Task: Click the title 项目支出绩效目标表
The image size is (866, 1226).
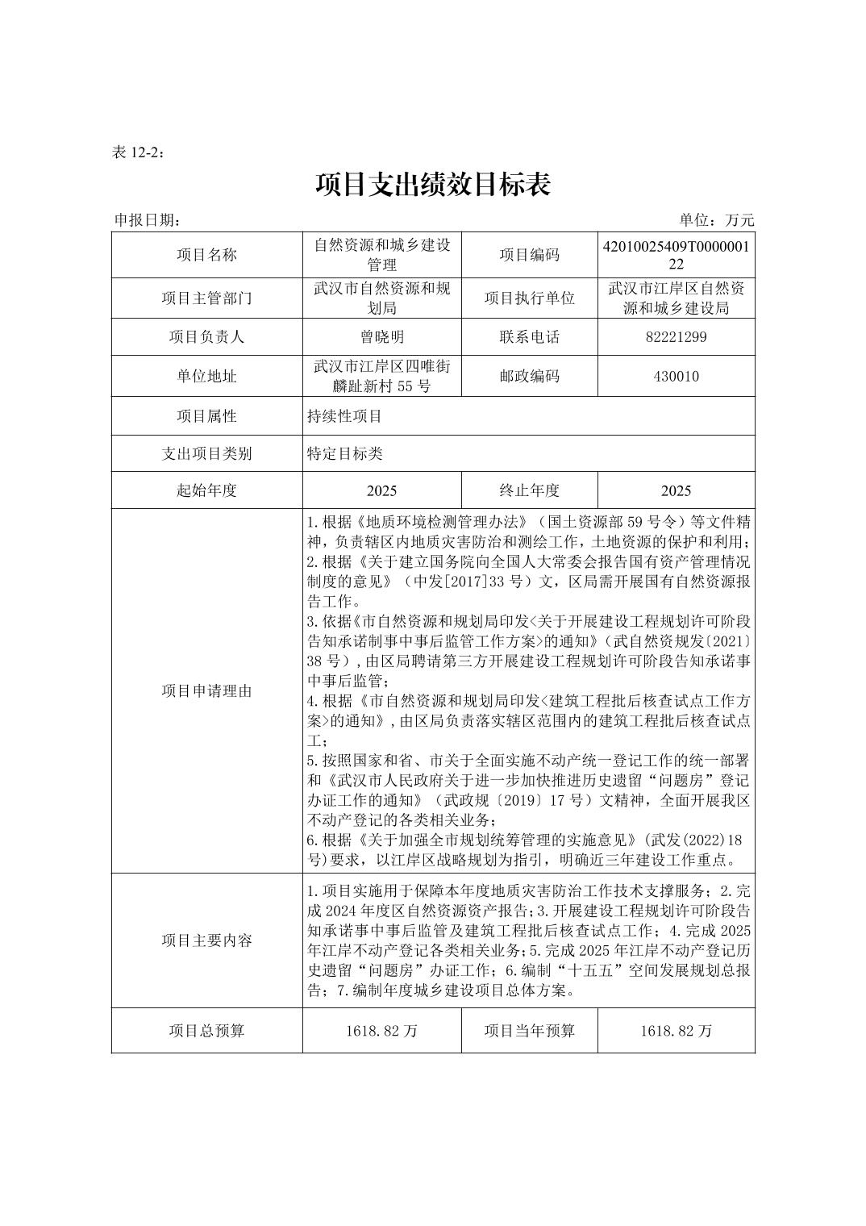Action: coord(433,185)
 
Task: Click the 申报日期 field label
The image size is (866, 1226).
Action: coord(148,220)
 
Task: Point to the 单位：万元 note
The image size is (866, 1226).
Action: coord(716,220)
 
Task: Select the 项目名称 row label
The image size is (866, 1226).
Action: coord(206,255)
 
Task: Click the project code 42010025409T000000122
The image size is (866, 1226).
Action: coord(676,255)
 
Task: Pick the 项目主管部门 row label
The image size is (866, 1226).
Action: coord(206,298)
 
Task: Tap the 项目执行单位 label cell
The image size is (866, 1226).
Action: coord(529,298)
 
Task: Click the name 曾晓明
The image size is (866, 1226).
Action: coord(381,337)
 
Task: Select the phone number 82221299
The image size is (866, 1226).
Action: coord(676,337)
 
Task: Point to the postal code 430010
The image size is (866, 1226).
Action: coord(676,376)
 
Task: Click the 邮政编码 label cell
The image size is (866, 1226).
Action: coord(529,376)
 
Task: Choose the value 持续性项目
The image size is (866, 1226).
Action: coord(344,416)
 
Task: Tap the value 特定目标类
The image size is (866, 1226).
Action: coord(344,453)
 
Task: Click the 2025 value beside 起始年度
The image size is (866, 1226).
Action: coord(381,490)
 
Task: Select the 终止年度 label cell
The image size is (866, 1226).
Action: coord(529,490)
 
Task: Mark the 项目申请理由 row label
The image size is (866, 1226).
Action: coord(206,690)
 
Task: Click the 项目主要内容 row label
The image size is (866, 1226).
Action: coord(206,940)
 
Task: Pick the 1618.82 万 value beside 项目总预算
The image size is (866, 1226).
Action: coord(381,1031)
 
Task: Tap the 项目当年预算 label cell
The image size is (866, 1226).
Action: coord(529,1031)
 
